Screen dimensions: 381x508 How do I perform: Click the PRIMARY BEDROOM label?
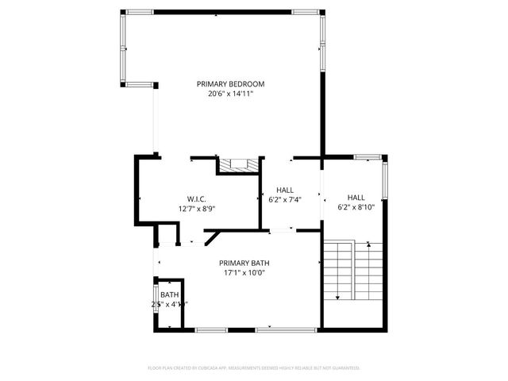pos(230,83)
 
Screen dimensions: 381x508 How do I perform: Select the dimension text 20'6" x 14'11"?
pos(230,94)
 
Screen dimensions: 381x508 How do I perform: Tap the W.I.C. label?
pos(197,198)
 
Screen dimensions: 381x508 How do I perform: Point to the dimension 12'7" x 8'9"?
pos(197,209)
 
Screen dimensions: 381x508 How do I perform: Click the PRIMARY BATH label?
pos(242,263)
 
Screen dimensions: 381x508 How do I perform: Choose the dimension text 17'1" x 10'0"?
pos(242,273)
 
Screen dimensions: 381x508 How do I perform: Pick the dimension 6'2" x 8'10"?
pos(356,209)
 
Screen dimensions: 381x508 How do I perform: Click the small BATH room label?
pos(169,294)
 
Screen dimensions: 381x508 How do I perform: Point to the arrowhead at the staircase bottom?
pos(338,298)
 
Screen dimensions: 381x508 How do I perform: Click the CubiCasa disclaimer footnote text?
pos(254,368)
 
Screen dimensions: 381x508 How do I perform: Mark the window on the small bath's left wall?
pos(155,303)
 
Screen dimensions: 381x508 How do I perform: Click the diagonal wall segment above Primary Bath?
pos(212,237)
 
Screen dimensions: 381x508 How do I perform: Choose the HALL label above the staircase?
pos(356,198)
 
